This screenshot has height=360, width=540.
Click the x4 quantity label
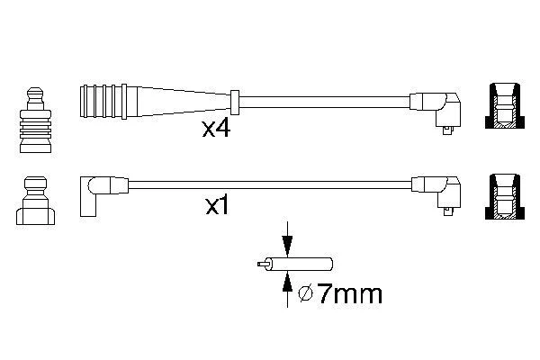click(x=216, y=129)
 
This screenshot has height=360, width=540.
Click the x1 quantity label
click(x=217, y=206)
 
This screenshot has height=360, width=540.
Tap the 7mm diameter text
click(x=349, y=294)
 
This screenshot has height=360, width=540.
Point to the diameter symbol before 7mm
click(x=306, y=294)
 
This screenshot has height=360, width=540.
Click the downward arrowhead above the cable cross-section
click(x=287, y=246)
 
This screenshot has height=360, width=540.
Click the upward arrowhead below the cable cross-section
click(x=287, y=283)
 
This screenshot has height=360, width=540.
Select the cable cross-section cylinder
click(x=300, y=265)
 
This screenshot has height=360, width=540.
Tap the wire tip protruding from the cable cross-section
click(x=262, y=265)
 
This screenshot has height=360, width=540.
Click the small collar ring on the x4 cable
click(x=235, y=102)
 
